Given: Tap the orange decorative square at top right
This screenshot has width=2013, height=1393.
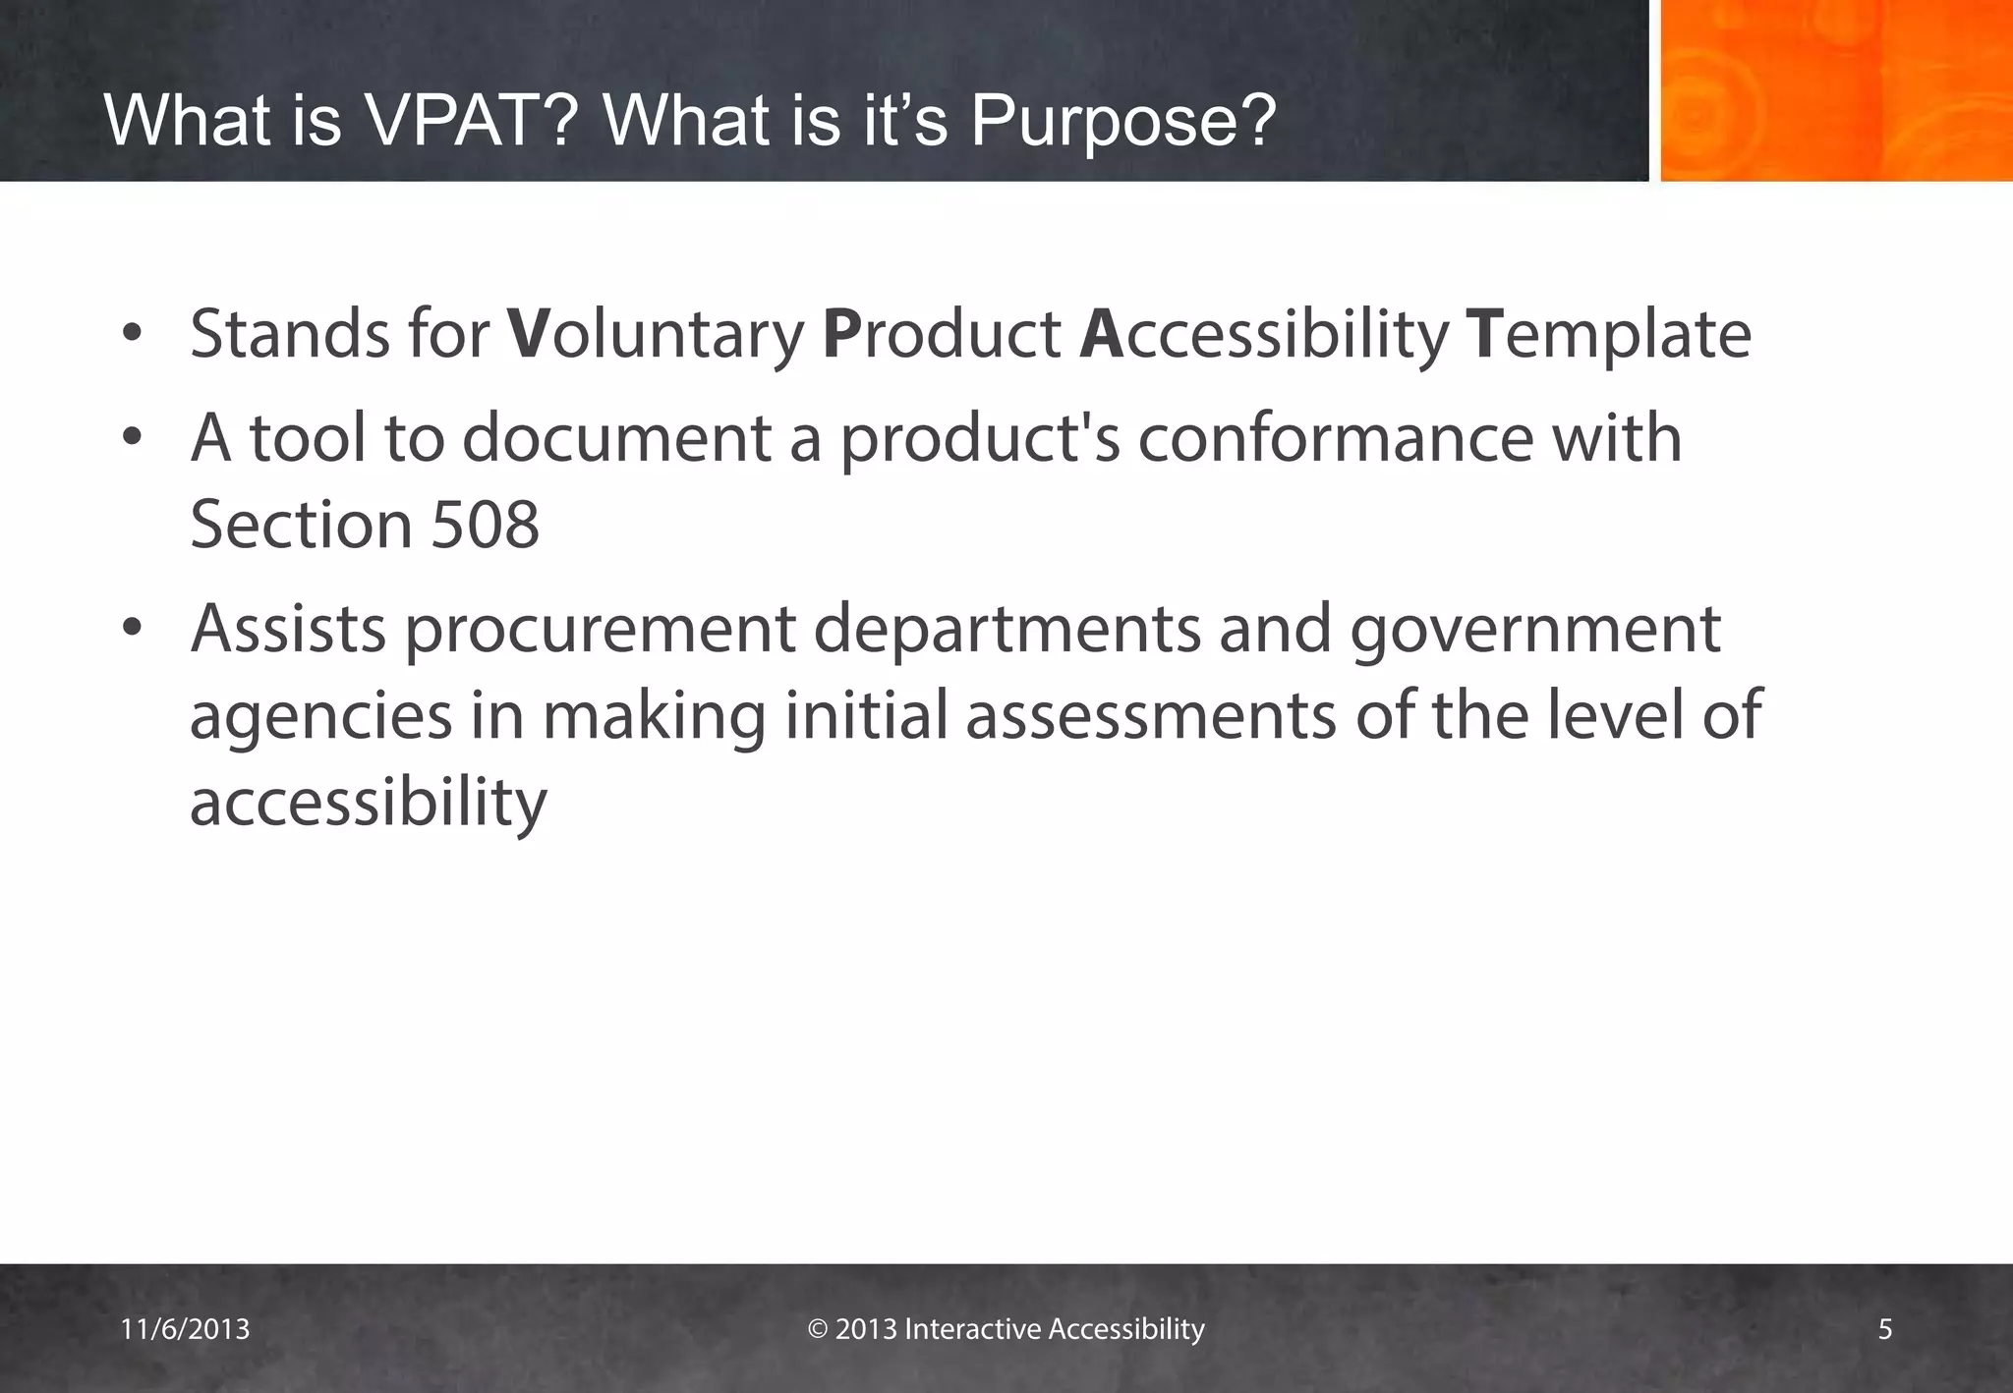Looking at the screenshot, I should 1835,90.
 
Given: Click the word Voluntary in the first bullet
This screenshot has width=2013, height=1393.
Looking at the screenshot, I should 656,334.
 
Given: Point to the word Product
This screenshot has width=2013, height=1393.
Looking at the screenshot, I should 941,334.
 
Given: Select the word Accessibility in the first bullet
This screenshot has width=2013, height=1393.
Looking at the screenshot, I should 1263,334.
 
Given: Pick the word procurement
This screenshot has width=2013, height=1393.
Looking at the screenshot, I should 600,630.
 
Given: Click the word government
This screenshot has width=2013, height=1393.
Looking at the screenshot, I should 1534,630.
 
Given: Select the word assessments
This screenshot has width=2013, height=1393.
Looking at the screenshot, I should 1151,715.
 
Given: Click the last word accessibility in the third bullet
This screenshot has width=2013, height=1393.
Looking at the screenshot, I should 368,803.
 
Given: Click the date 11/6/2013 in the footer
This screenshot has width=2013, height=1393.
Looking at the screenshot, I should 185,1329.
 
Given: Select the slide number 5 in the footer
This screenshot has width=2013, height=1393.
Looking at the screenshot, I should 1884,1329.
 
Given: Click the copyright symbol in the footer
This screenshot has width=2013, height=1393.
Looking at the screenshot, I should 818,1329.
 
